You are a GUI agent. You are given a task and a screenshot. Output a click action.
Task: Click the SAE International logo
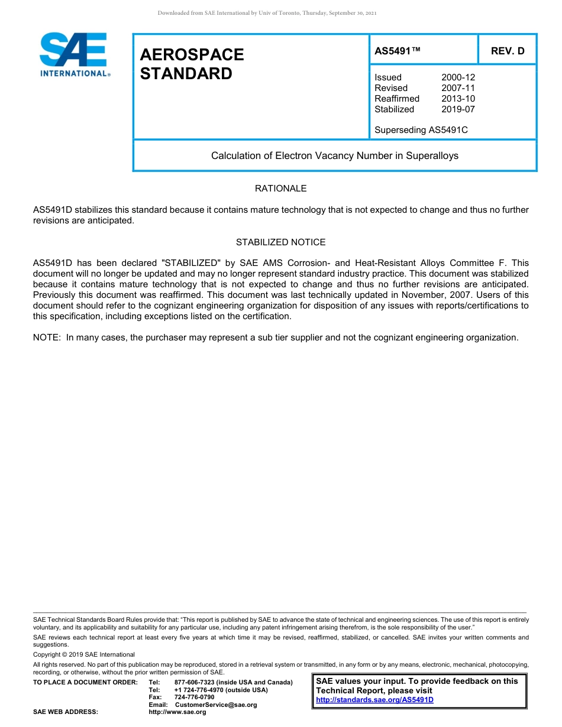point(73,54)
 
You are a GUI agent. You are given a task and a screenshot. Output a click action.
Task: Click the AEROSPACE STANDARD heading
point(192,64)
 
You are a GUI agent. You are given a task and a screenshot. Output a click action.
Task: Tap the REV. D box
point(508,51)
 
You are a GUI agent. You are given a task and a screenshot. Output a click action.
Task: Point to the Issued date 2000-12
point(458,77)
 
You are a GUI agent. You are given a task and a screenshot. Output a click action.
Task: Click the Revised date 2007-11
point(458,88)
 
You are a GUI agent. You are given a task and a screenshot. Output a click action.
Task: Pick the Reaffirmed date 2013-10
point(458,99)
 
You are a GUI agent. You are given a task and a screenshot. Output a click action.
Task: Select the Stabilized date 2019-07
point(458,109)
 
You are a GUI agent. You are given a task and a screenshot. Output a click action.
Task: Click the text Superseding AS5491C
point(421,129)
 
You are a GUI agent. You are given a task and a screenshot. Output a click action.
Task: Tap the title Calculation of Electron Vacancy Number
point(335,156)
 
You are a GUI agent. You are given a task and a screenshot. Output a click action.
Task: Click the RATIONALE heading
point(280,189)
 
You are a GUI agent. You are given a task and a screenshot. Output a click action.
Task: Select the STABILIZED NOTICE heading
point(280,242)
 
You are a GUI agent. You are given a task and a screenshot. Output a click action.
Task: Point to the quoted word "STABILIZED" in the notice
point(189,263)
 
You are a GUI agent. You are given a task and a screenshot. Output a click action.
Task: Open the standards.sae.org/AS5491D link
point(374,700)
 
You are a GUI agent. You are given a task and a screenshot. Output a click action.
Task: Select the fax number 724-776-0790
point(195,697)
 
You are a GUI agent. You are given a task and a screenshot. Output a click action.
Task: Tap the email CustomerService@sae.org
point(216,705)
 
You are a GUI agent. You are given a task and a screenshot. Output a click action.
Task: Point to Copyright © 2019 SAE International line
point(84,655)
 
